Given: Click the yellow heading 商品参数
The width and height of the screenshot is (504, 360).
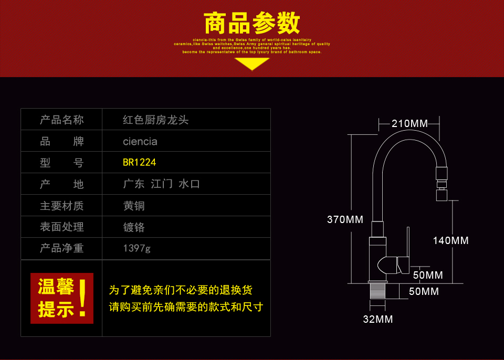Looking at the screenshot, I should [x=251, y=24].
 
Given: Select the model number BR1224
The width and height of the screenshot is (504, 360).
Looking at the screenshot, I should [x=139, y=163].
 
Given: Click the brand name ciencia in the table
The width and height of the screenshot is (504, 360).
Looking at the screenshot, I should [x=140, y=141].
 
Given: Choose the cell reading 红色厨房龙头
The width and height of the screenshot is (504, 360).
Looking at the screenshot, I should [x=155, y=120].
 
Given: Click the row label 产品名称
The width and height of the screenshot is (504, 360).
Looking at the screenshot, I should [x=61, y=120].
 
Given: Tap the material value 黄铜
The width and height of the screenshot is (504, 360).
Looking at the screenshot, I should [x=133, y=206].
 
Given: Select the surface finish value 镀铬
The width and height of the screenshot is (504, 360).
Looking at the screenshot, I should [x=133, y=227].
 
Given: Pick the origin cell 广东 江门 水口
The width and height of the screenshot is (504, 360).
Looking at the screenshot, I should [x=161, y=184].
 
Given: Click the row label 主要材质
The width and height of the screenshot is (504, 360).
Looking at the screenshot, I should [x=61, y=206].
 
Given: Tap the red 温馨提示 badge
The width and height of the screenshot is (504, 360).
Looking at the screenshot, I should [x=61, y=298].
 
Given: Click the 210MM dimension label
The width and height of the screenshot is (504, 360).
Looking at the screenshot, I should [x=409, y=124].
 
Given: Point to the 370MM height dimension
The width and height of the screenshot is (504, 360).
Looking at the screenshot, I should [x=345, y=219].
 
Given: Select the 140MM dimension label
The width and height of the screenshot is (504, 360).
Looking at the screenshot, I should [x=450, y=240].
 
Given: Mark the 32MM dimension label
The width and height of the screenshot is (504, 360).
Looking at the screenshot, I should [x=377, y=319].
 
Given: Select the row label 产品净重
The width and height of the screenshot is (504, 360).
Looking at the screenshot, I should [x=61, y=248].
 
